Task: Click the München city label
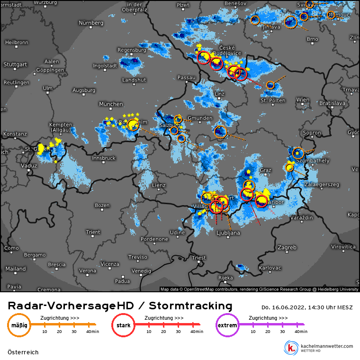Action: pyautogui.click(x=111, y=104)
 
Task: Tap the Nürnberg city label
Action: pyautogui.click(x=91, y=23)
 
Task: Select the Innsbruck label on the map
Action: pyautogui.click(x=104, y=158)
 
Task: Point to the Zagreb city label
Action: pyautogui.click(x=287, y=247)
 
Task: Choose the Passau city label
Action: pyautogui.click(x=186, y=77)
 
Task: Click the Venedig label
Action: pyautogui.click(x=141, y=271)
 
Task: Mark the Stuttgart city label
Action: pyautogui.click(x=16, y=64)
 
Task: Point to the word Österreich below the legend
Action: pyautogui.click(x=23, y=352)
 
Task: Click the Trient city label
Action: pyautogui.click(x=93, y=232)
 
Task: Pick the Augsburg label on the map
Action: pyautogui.click(x=84, y=90)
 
